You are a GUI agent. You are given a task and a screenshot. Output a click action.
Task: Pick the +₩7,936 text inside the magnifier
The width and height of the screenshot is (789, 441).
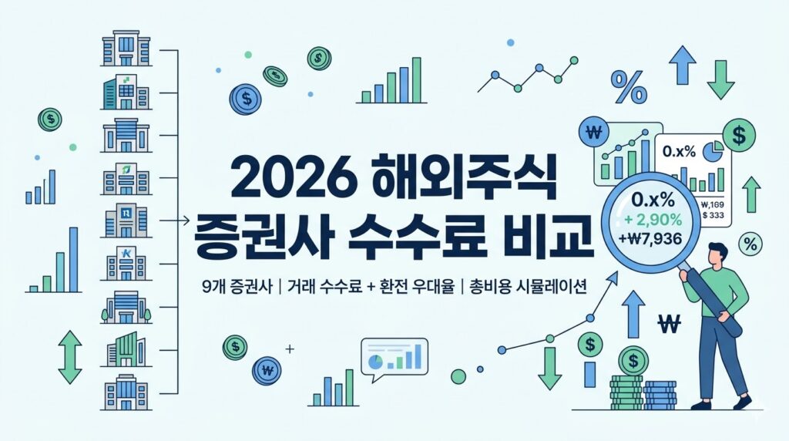650,238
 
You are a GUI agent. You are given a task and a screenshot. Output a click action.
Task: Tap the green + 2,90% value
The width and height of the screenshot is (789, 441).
653,220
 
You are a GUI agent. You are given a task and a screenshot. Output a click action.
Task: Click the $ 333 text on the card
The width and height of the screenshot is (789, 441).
713,215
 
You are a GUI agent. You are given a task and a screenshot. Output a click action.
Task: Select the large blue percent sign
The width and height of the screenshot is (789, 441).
629,87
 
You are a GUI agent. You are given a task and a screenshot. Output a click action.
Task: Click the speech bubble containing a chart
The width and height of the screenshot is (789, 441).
394,359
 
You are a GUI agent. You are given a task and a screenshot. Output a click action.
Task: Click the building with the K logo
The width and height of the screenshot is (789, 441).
126,263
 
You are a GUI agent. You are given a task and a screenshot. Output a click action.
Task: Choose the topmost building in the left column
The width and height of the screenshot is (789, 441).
126,49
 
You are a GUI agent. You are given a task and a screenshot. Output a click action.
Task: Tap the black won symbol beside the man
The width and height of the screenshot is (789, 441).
670,324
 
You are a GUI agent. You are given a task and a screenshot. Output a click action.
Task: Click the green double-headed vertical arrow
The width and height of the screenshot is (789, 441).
70,358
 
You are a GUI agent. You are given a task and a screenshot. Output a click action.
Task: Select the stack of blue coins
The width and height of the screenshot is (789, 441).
660,396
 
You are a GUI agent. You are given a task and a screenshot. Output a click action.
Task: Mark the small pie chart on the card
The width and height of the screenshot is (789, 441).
713,151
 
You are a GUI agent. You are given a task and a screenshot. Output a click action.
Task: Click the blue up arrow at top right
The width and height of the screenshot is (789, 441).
683,65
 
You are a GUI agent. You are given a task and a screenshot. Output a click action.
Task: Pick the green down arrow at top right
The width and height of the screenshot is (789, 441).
720,79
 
